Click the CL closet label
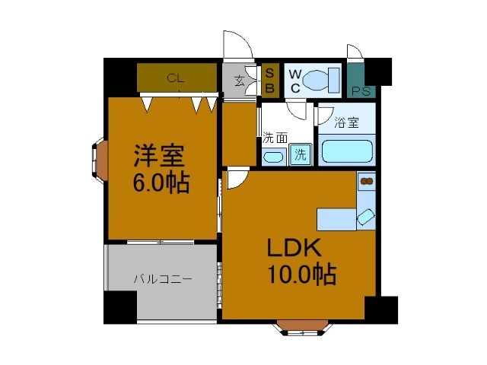click(176, 78)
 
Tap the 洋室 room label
click(159, 157)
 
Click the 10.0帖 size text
click(301, 274)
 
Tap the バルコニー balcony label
click(163, 279)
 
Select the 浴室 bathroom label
click(347, 122)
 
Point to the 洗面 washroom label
click(275, 138)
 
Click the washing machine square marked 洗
click(301, 154)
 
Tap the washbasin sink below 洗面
click(272, 157)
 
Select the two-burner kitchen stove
click(367, 182)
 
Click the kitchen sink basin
click(366, 217)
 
